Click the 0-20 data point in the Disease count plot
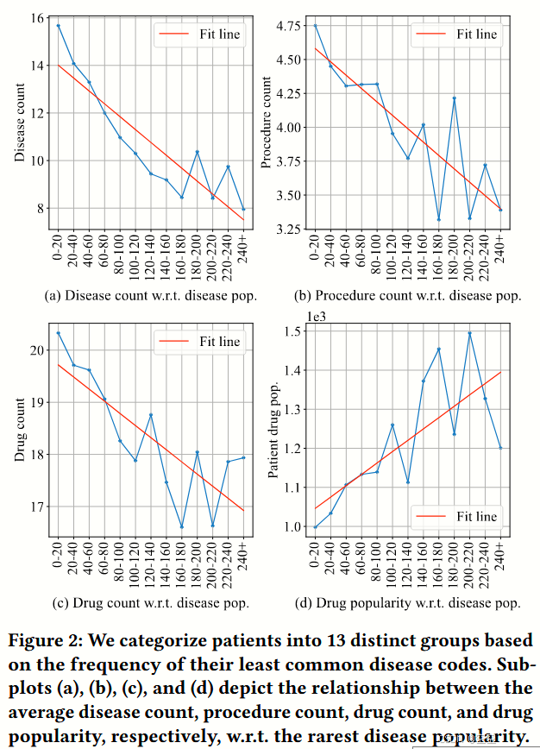[x=58, y=25]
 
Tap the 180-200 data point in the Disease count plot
[x=197, y=152]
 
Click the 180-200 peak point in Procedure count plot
[x=453, y=98]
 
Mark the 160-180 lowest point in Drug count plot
[x=181, y=526]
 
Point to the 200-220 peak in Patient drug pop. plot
[x=469, y=332]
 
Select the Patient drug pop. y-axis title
[x=273, y=428]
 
